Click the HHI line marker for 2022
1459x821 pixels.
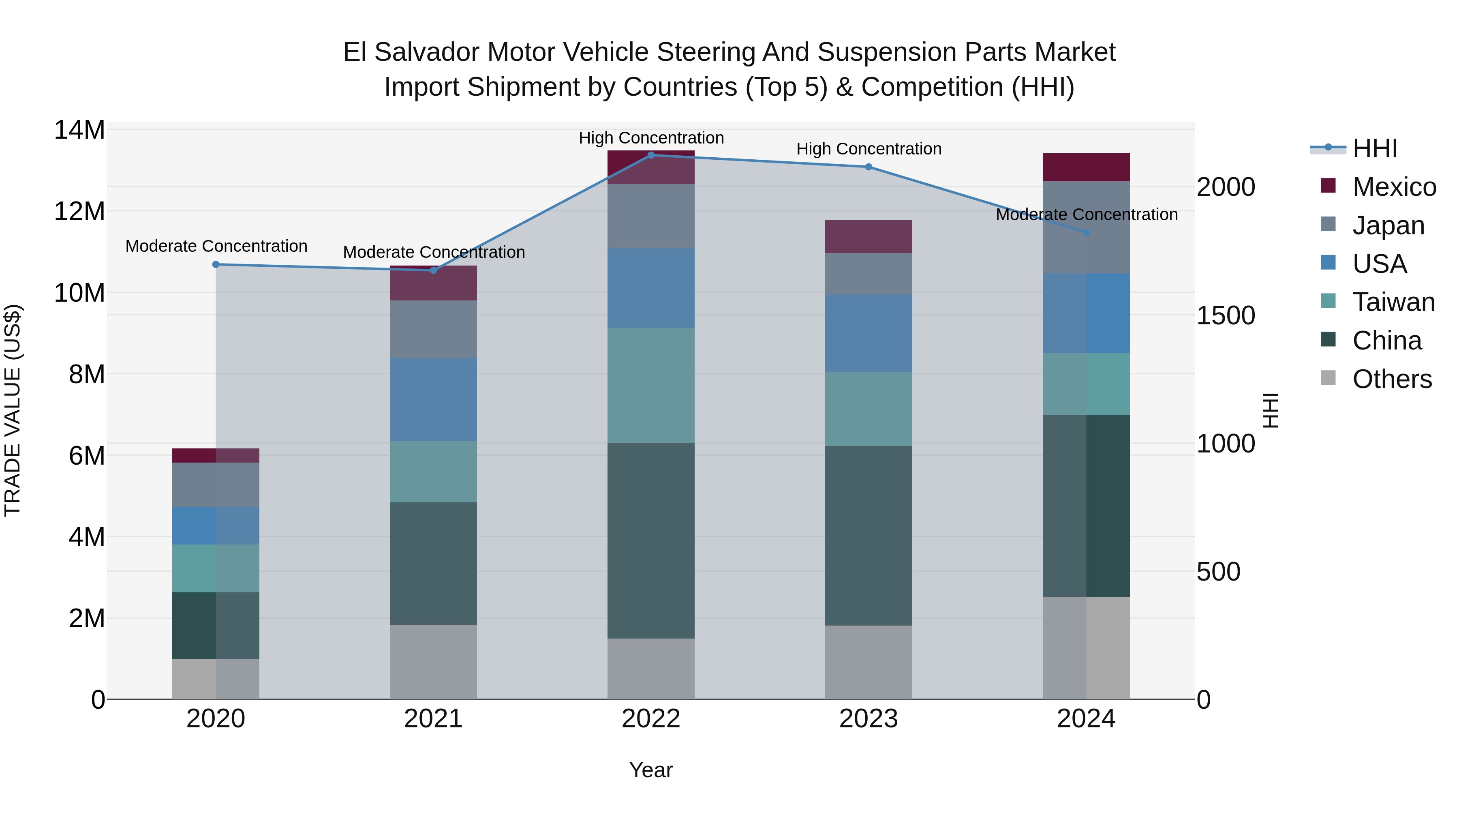pos(651,155)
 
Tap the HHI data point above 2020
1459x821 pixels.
pos(216,265)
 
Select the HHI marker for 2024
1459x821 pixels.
pos(1086,232)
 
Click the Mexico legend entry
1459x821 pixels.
pos(1393,187)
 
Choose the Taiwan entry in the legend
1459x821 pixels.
pos(1393,302)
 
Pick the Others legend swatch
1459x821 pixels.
pos(1328,378)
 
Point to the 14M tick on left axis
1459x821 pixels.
pos(79,130)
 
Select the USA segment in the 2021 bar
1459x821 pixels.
pos(433,399)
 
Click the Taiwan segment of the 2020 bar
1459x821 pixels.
pos(216,568)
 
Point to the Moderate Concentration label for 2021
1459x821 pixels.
pos(434,252)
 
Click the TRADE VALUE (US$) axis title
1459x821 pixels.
pos(13,410)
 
